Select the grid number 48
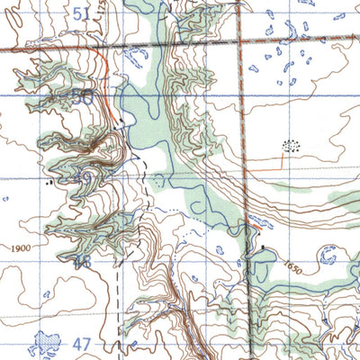(84, 262)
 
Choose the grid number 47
(84, 344)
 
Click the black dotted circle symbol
(291, 145)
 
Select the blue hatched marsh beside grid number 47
(42, 342)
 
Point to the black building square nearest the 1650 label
(263, 246)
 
